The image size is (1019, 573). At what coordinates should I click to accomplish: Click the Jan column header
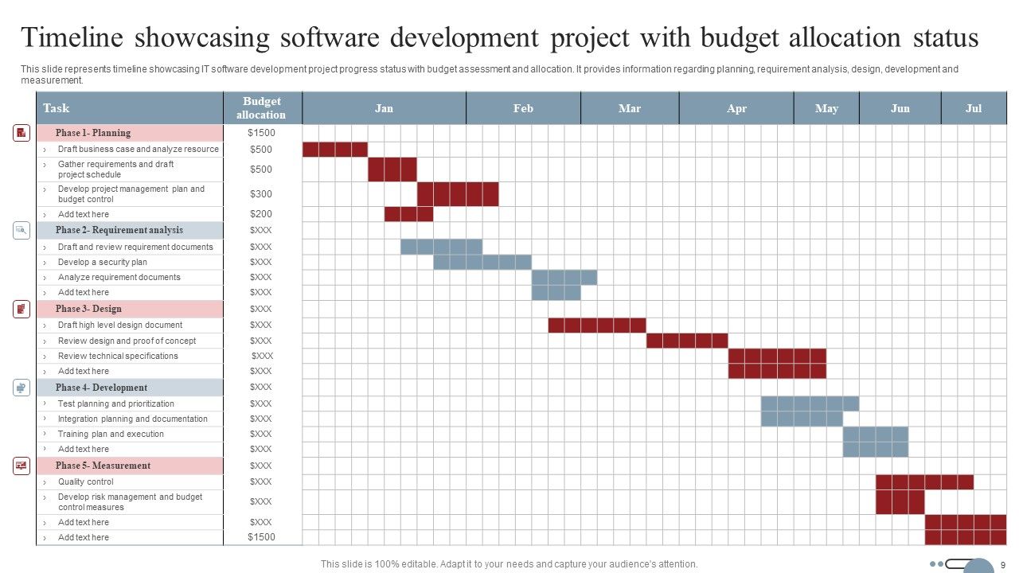[384, 108]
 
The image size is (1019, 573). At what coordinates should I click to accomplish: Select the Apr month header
[736, 108]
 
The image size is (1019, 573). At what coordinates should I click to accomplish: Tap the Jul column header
[974, 108]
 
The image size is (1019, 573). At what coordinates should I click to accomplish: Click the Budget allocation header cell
[262, 108]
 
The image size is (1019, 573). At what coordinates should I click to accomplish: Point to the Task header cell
[56, 108]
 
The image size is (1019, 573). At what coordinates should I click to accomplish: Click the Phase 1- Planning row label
[93, 133]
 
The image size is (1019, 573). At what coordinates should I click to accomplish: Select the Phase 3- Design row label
[88, 309]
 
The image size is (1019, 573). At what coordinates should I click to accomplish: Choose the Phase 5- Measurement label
[103, 466]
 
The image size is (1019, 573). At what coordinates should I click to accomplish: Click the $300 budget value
[260, 194]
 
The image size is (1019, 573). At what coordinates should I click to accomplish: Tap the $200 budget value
[260, 214]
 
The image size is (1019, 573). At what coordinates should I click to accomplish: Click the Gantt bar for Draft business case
[335, 150]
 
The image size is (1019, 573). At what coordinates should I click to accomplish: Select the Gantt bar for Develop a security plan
[482, 262]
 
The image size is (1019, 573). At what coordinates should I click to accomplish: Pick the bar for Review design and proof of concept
[687, 341]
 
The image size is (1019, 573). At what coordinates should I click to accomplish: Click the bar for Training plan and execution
[876, 435]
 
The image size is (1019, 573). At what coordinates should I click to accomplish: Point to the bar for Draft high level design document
[597, 325]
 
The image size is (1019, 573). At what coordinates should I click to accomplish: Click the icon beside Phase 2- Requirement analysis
[21, 230]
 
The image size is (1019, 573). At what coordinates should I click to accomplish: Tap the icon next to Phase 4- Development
[21, 388]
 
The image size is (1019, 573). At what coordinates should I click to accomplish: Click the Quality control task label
[85, 481]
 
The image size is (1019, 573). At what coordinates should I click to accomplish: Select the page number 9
[1003, 564]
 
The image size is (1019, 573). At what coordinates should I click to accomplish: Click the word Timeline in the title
[72, 38]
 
